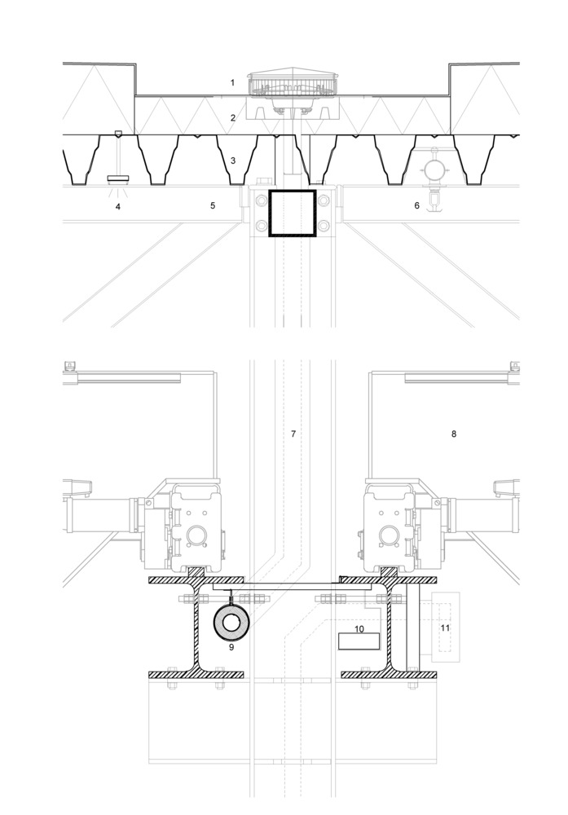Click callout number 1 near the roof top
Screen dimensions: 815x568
(x=232, y=83)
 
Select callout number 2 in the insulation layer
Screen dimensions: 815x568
(x=232, y=118)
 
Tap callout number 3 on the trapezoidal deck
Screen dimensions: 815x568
(x=232, y=161)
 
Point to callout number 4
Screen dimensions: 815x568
(x=118, y=206)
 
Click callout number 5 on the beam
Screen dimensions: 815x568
(x=213, y=206)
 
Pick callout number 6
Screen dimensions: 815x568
(x=416, y=206)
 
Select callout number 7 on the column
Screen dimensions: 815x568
(x=293, y=434)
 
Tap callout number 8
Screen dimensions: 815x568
(x=454, y=434)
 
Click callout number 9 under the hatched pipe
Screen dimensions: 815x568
(x=231, y=646)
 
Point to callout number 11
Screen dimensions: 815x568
(x=445, y=628)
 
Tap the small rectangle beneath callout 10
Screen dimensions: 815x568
(x=358, y=641)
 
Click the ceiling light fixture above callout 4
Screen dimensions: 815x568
(x=119, y=177)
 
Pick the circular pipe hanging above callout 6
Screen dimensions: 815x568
(x=434, y=169)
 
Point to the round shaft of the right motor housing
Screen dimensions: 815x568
(x=390, y=536)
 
